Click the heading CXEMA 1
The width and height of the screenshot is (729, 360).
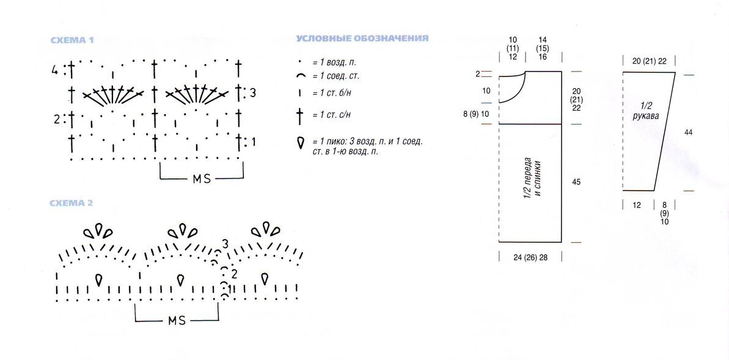point(72,40)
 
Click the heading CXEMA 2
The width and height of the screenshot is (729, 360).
point(72,204)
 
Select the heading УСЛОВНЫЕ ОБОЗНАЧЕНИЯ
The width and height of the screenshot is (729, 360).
point(362,38)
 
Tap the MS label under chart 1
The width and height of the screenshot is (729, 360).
point(202,178)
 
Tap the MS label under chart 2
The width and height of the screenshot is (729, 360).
point(177,320)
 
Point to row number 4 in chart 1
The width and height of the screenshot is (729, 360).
point(55,71)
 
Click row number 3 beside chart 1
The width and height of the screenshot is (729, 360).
point(252,93)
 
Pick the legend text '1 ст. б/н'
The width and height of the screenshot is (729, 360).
point(334,93)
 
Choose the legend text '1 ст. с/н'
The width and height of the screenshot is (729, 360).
point(334,114)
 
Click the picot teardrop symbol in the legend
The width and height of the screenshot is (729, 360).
point(301,142)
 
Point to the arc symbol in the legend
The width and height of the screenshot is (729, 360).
point(301,75)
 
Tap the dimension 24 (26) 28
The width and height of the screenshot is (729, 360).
point(530,257)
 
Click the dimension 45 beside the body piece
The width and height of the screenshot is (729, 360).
point(576,182)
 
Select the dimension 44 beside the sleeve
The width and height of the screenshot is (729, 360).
point(689,133)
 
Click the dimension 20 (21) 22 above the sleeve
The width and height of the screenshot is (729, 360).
point(649,61)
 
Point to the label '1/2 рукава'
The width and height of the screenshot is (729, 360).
point(647,112)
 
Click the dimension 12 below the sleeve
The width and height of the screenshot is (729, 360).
point(637,205)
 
